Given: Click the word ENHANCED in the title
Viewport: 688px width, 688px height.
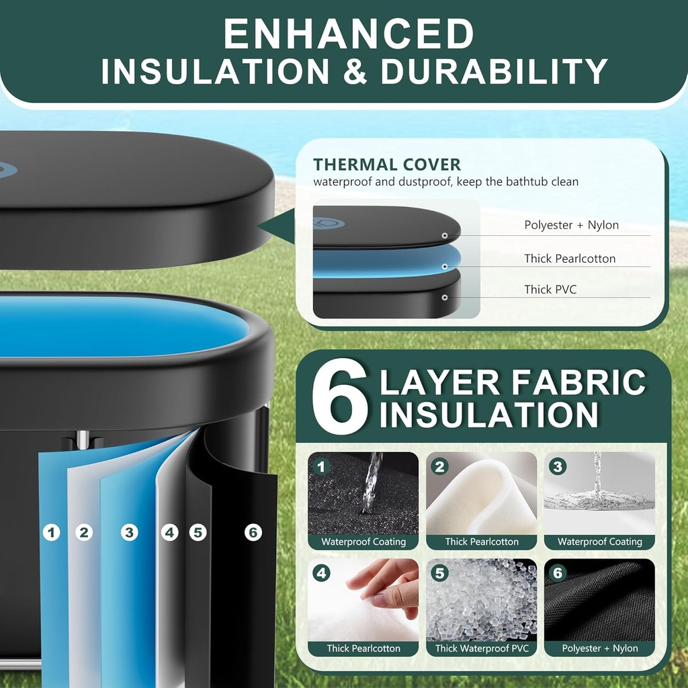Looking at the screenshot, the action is (x=349, y=34).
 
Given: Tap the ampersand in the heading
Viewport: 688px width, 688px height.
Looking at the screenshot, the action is (x=355, y=71).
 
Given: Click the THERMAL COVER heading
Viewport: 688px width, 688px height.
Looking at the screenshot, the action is (x=386, y=165).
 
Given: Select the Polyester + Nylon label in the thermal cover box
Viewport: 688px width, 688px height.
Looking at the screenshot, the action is (x=571, y=224).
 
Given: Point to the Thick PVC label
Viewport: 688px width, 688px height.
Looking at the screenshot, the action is (x=550, y=289).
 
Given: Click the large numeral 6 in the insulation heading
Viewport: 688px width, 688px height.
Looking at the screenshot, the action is (x=340, y=396).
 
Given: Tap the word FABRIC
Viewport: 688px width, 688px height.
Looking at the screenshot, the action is (x=578, y=382).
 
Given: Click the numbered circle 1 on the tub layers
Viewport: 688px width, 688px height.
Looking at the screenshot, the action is (x=51, y=533).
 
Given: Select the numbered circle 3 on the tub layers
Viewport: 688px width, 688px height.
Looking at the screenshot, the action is (x=129, y=533).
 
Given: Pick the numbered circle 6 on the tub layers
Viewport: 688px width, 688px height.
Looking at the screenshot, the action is (x=253, y=533).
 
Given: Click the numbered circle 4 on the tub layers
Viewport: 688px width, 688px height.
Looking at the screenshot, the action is (x=169, y=533).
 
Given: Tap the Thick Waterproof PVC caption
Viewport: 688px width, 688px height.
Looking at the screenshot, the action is (x=482, y=648).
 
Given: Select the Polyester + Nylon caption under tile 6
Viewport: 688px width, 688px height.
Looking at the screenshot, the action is (x=600, y=648).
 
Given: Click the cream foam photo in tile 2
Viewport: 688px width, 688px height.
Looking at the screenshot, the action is (x=481, y=494).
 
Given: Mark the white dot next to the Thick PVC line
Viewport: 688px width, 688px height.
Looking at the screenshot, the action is (x=445, y=298).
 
